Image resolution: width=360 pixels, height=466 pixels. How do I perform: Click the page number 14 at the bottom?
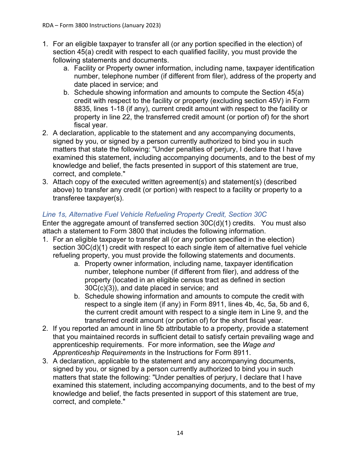pos(180,433)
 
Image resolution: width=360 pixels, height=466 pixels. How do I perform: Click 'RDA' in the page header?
pos(48,25)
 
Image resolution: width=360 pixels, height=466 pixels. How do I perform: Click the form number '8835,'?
pos(83,109)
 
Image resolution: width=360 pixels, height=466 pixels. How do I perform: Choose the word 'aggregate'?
pos(88,223)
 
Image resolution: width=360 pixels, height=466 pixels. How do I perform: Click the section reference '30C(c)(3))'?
pos(100,288)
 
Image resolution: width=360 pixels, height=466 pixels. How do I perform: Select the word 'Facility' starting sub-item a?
pos(85,68)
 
